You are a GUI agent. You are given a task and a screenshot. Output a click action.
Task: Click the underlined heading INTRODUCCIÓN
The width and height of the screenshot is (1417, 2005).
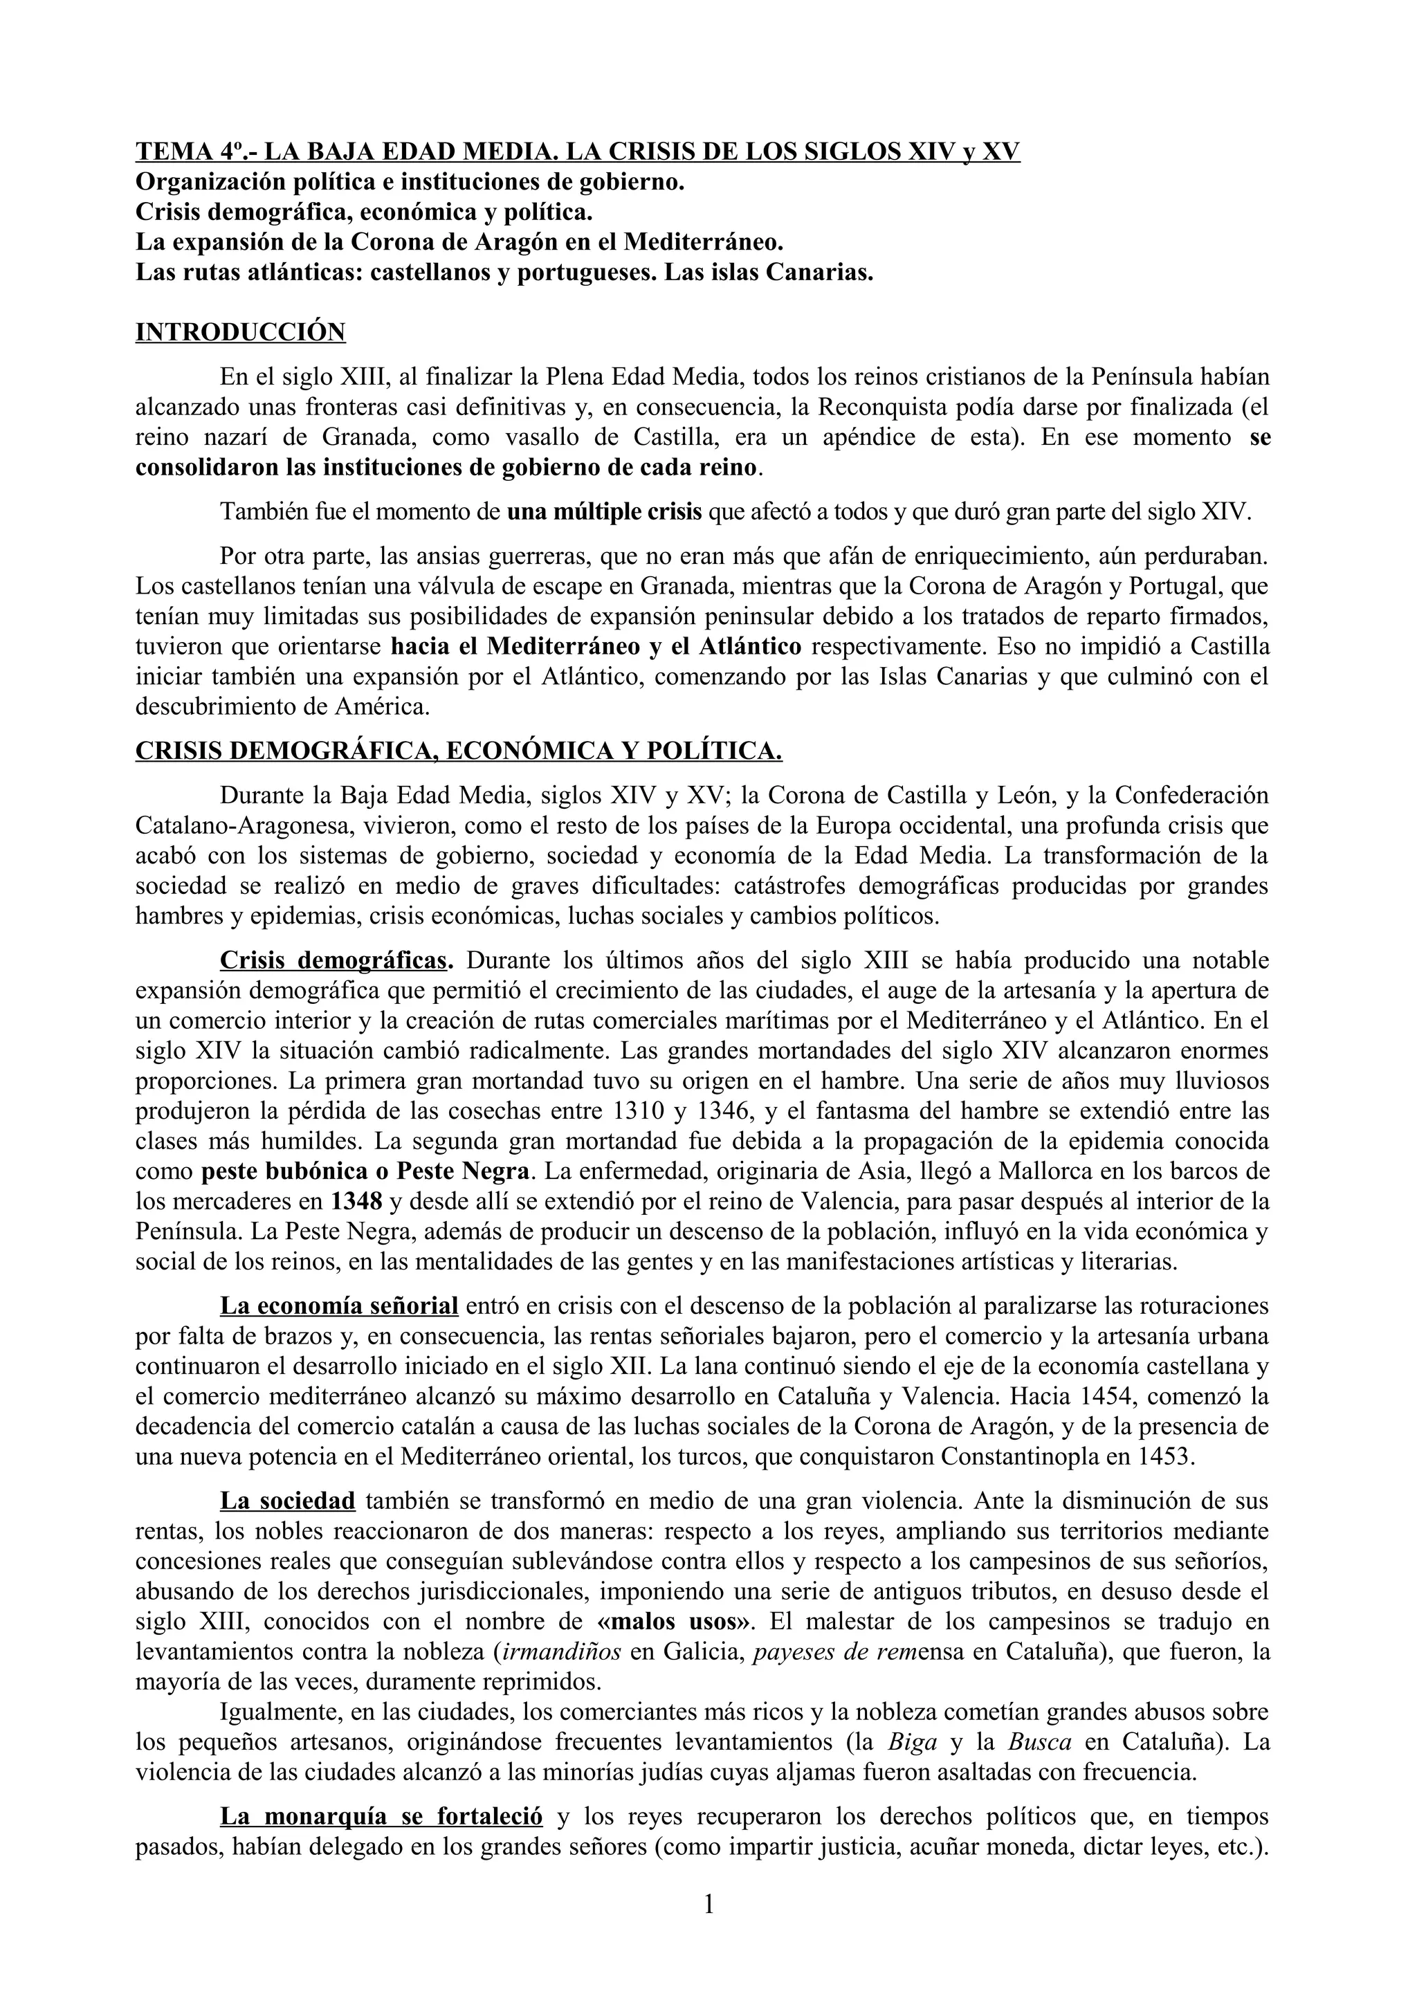point(240,333)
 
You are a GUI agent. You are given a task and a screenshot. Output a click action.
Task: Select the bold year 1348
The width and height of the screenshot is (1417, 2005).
point(357,1202)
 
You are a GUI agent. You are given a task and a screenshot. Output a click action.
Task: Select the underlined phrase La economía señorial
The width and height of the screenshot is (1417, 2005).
point(339,1306)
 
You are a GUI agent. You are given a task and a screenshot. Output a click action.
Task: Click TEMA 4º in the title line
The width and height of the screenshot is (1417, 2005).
point(188,152)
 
